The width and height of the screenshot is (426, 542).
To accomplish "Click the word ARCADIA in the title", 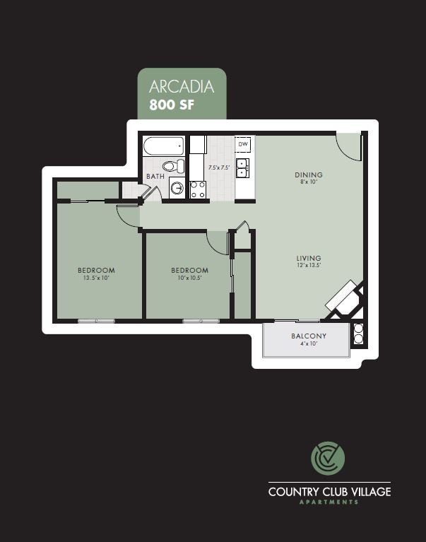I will point(181,87).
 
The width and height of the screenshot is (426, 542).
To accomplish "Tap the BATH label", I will point(155,176).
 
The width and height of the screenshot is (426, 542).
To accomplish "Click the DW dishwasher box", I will point(244,144).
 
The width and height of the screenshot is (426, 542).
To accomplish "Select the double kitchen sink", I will point(242,167).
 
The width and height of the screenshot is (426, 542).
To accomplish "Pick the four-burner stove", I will point(198,189).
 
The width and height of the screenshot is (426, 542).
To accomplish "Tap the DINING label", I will point(309,175).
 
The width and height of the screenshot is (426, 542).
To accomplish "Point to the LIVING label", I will point(309,259).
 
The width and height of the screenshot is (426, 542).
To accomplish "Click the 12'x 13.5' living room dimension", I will point(309,266).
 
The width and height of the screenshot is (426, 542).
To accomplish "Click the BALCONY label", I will point(309,336).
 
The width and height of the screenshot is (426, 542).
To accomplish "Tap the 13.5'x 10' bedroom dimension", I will point(96,278).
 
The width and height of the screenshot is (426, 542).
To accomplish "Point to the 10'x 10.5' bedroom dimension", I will point(189,278).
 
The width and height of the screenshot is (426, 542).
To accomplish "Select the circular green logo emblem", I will point(329,459).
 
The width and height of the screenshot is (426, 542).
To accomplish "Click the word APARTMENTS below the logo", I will point(329,502).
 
